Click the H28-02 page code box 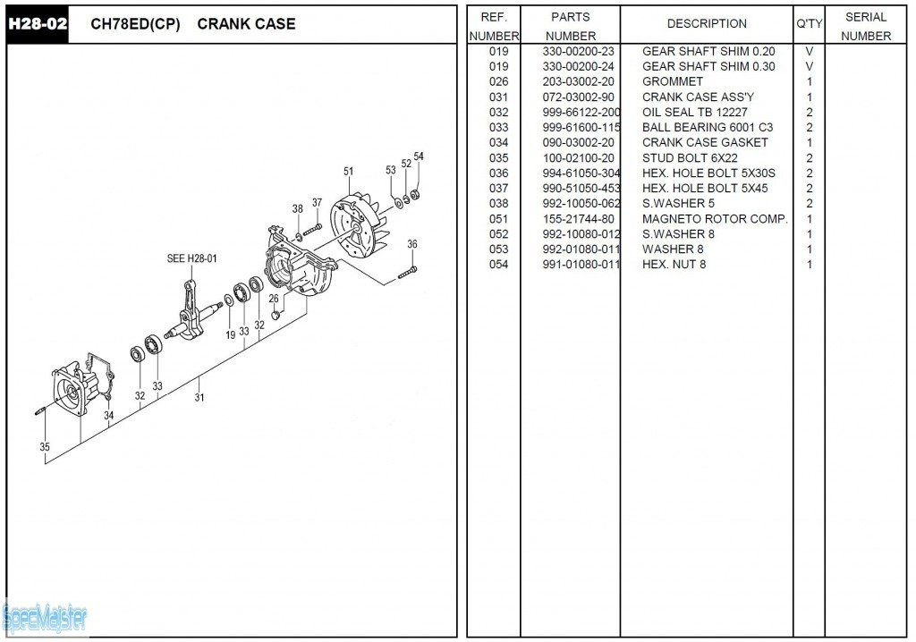coord(38,24)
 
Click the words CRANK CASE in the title coord(246,24)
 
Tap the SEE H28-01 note coord(191,258)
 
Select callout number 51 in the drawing coord(348,171)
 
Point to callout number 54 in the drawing coord(419,156)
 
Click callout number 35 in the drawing coord(45,447)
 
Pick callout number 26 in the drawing coord(274,299)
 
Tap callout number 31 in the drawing coord(199,397)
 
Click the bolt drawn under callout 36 coord(407,272)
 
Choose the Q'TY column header coord(809,24)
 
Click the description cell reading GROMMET coord(673,81)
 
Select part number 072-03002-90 coord(579,97)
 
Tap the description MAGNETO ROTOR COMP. coord(715,219)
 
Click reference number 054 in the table coord(499,264)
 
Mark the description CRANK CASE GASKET coord(705,142)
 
